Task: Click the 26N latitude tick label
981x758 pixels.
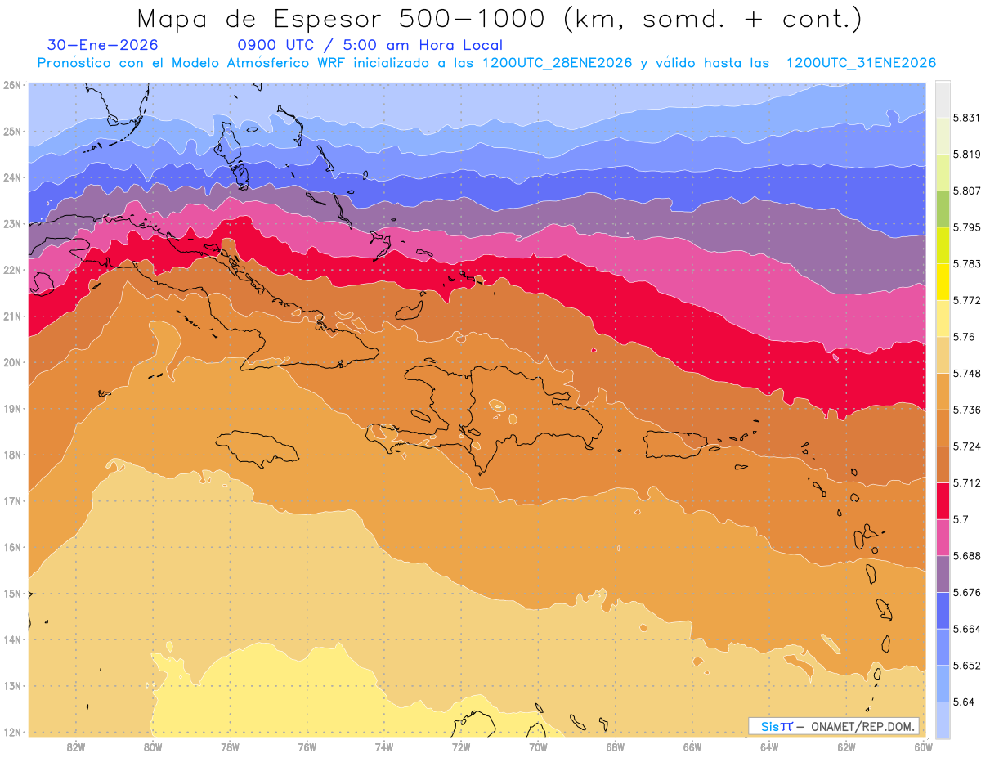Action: (x=11, y=85)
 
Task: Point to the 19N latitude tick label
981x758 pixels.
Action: (x=11, y=408)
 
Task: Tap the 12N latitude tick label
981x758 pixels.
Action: (x=11, y=732)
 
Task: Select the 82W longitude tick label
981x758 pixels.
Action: (x=76, y=746)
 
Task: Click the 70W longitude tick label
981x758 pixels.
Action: (x=538, y=746)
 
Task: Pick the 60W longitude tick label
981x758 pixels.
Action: (x=924, y=746)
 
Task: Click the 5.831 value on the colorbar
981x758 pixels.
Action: (x=965, y=118)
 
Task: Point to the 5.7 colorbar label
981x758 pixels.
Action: (x=961, y=519)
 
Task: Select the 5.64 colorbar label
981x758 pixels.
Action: (x=963, y=702)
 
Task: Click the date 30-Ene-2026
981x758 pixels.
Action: (x=103, y=45)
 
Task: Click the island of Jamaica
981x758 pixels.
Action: (x=257, y=448)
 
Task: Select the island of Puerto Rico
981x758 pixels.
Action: (x=674, y=444)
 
